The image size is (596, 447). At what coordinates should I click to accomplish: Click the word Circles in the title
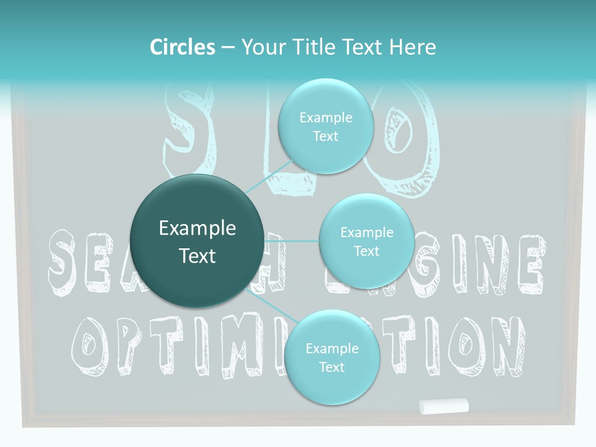click(183, 47)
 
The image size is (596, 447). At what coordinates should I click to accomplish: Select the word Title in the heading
click(318, 47)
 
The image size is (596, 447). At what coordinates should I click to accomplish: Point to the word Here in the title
click(412, 47)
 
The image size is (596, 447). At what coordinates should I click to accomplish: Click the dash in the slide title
click(228, 48)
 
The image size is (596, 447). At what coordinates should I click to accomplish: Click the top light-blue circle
click(325, 127)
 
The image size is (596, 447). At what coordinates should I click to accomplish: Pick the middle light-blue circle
click(366, 242)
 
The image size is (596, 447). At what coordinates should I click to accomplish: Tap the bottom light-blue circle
click(332, 358)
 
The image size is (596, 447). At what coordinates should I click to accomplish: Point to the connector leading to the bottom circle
click(267, 303)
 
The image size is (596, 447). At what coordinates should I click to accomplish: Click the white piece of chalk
click(443, 406)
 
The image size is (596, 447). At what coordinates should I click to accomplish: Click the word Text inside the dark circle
click(197, 256)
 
